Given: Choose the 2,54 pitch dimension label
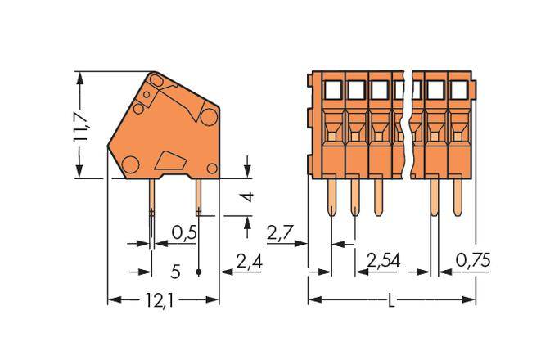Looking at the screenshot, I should (x=384, y=262).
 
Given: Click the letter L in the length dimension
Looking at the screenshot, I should (x=391, y=301).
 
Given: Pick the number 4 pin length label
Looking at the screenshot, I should (x=250, y=196).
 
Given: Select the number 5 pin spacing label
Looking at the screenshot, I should (x=175, y=270).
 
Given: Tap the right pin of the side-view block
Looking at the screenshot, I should (x=199, y=197).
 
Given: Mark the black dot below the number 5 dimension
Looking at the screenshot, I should (x=200, y=272).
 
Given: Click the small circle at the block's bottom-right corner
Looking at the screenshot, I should (x=212, y=169).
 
